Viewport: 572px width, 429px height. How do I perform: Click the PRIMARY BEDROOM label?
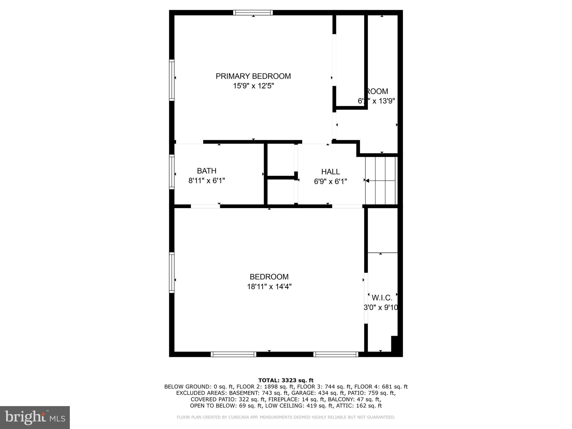coord(253,76)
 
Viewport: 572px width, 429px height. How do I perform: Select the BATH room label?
coord(207,171)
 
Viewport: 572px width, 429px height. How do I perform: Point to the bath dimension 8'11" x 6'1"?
coord(207,181)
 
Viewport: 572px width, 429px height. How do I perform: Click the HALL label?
coord(330,172)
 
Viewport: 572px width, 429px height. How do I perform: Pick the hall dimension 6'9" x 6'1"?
coord(330,182)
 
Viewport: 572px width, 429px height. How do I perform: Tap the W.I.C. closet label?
coord(382,298)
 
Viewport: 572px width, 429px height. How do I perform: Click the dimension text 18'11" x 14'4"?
coord(269,287)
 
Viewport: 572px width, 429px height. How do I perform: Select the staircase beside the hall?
coord(381,181)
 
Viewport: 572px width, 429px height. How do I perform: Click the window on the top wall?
coord(253,13)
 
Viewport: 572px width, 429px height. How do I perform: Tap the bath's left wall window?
coord(172,172)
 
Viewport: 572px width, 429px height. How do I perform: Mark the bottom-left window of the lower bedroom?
coord(233,354)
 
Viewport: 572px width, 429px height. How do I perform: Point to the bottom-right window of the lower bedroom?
coord(335,354)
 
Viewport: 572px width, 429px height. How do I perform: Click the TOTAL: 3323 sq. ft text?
coord(286,380)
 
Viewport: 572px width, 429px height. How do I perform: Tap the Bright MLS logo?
coord(35,417)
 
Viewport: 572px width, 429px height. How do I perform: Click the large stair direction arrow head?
coord(367,181)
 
